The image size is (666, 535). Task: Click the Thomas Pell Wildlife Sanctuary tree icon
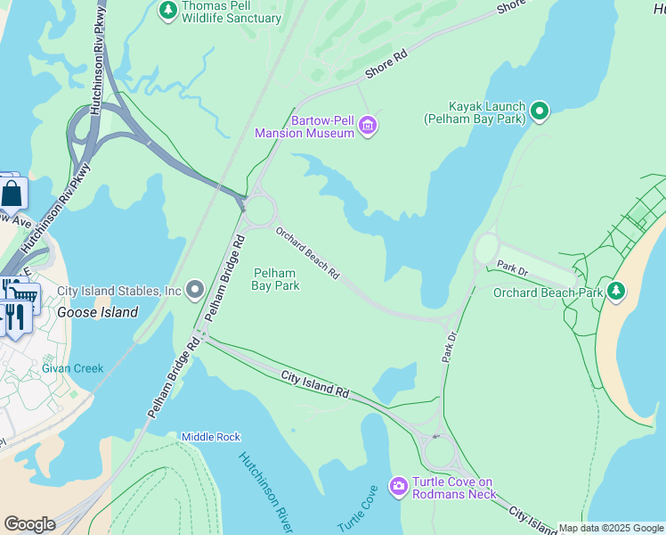pos(166,10)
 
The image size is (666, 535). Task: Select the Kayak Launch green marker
pos(539,111)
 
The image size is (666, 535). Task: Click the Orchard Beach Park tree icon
pos(615,291)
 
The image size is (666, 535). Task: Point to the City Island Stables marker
pos(195,291)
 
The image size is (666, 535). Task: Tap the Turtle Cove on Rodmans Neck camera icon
pos(398,487)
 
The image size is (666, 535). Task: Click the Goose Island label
pos(98,312)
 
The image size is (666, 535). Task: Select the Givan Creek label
pos(72,368)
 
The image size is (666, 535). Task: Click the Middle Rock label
pos(210,437)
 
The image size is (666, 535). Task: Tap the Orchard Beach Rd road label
pos(307,253)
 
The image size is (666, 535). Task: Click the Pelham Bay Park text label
pos(276,279)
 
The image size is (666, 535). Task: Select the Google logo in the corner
pos(29,524)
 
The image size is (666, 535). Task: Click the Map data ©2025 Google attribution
pos(611,528)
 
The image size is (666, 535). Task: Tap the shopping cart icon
pos(26,296)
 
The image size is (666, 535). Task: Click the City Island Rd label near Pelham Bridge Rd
pos(315,384)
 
